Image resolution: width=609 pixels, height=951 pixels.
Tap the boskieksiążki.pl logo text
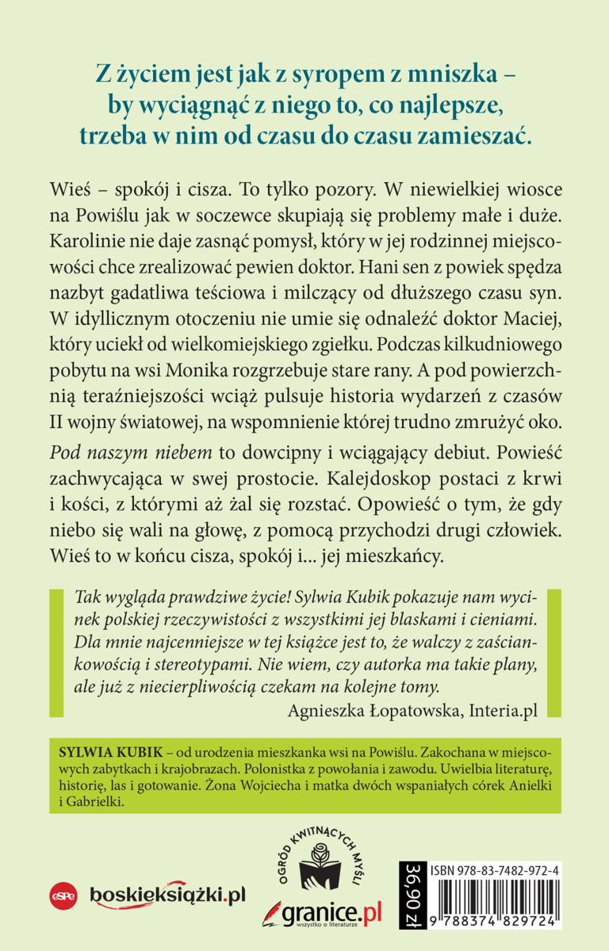167,895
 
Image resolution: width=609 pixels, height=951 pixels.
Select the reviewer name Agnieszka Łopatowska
365,709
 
